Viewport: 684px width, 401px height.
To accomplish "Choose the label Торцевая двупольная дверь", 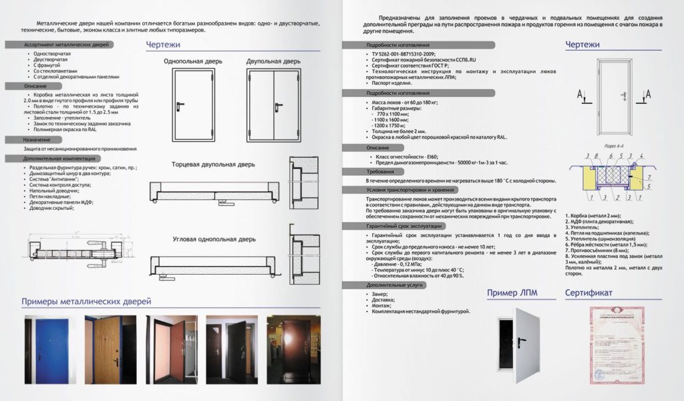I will click(209, 163).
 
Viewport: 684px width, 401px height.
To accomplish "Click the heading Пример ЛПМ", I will click(512, 292).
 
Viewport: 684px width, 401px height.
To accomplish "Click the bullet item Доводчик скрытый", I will click(50, 208).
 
